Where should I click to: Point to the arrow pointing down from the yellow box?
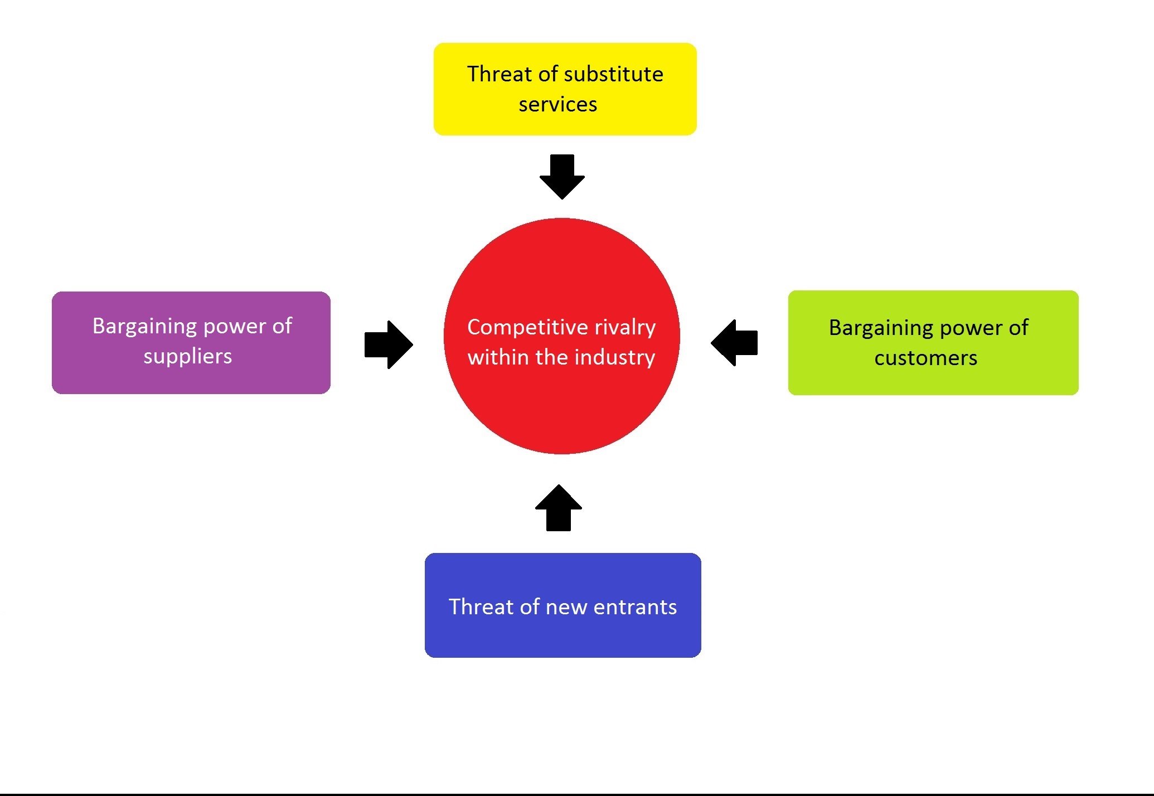562,177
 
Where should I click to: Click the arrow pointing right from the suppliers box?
388,344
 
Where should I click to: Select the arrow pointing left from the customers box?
735,343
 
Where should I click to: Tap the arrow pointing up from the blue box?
559,508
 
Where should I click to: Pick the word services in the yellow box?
557,105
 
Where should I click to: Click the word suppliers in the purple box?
187,357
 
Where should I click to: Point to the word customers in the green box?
925,358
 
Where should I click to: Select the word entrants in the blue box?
635,606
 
